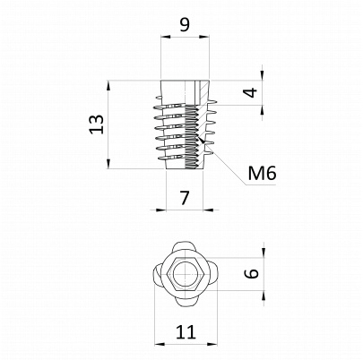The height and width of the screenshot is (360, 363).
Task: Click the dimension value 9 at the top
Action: pos(185,25)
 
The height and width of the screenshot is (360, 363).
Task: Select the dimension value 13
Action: pos(97,124)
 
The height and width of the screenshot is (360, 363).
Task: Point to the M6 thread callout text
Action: pos(262,173)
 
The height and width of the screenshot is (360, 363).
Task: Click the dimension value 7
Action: pos(185,198)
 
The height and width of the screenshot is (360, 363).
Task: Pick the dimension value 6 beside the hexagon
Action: pos(253,273)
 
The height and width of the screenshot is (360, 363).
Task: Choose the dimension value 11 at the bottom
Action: pos(186,332)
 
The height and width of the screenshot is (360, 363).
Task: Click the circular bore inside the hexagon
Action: pos(186,273)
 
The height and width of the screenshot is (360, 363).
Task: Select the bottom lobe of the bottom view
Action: pos(186,300)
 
